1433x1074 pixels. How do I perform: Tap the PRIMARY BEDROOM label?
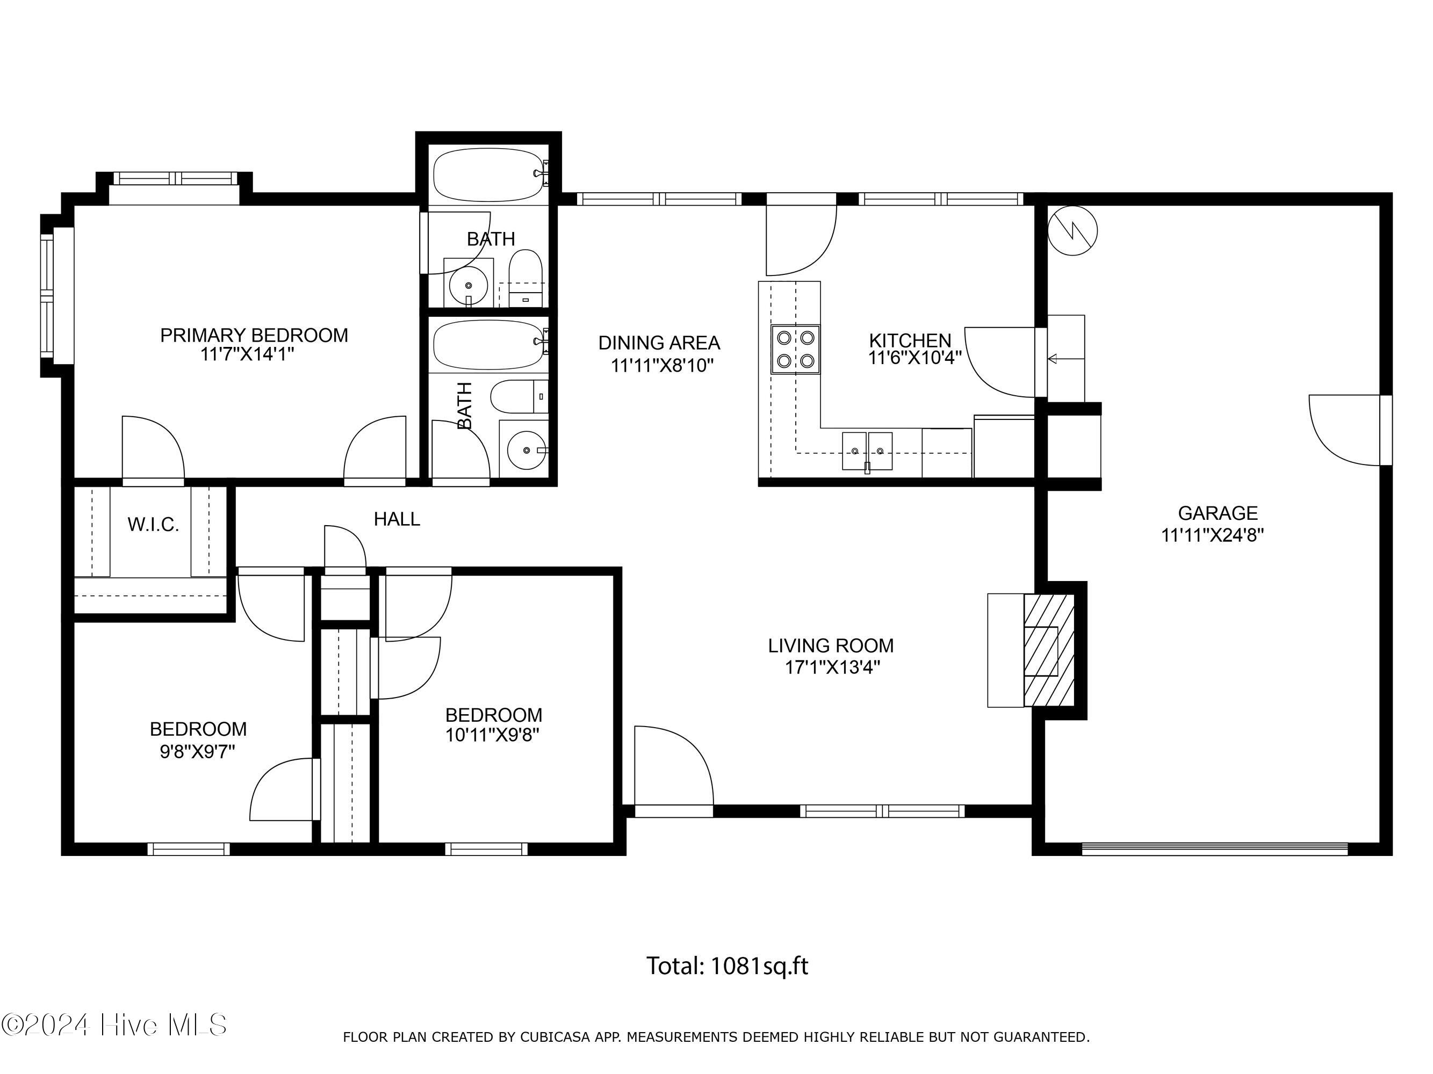tap(254, 335)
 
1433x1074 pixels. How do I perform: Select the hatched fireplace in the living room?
tap(1049, 651)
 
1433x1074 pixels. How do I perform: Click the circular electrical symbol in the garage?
tap(1072, 230)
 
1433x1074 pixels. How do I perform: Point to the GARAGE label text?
tap(1218, 513)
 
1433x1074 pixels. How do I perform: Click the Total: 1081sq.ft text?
tap(727, 967)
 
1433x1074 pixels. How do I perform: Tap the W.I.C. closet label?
tap(153, 524)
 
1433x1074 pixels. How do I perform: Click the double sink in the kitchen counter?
tap(867, 451)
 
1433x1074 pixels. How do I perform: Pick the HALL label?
tap(397, 519)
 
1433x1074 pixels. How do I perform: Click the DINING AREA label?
tap(659, 343)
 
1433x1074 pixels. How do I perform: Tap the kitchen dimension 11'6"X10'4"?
tap(914, 358)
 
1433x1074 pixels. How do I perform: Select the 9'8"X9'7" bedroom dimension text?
tap(198, 752)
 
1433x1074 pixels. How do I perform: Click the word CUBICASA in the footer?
tap(555, 1036)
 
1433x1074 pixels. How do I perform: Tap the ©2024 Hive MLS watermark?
tap(114, 1025)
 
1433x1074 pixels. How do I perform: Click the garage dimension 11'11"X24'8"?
tap(1213, 535)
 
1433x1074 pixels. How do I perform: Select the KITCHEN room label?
tap(910, 340)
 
